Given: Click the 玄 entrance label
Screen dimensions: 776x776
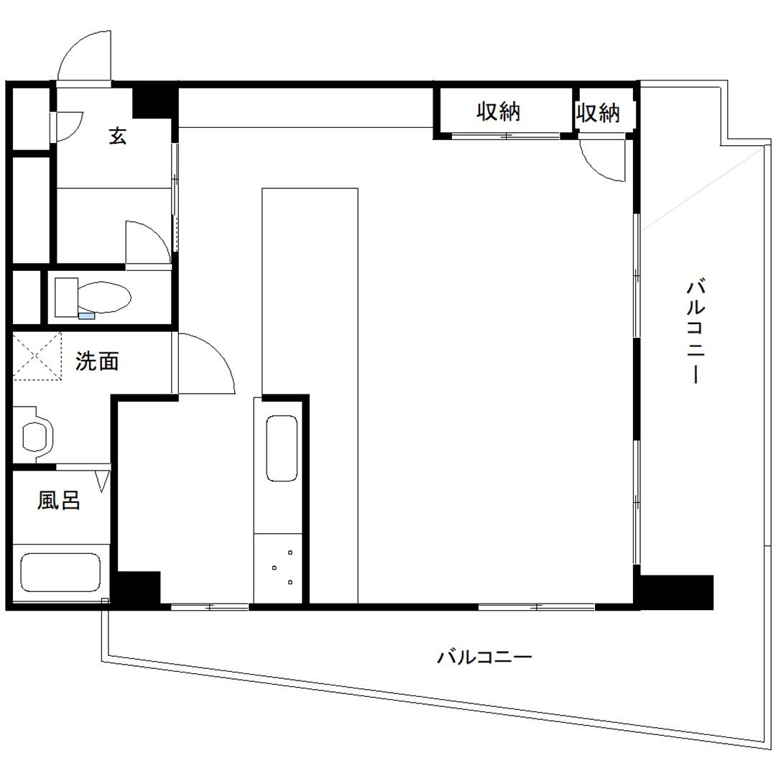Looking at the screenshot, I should pyautogui.click(x=118, y=136).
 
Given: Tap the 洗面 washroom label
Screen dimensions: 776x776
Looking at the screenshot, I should pyautogui.click(x=97, y=361).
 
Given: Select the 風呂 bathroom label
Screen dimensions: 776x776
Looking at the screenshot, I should pyautogui.click(x=59, y=500).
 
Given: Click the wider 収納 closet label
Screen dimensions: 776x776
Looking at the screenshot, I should pyautogui.click(x=498, y=111).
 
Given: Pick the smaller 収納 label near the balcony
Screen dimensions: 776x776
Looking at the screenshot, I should pyautogui.click(x=598, y=113).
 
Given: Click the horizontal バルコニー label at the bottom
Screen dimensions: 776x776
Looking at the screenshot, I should pyautogui.click(x=484, y=657).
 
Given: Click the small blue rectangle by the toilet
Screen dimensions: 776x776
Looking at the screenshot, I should pyautogui.click(x=86, y=315).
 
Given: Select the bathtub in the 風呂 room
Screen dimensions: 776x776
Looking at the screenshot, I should pyautogui.click(x=60, y=572).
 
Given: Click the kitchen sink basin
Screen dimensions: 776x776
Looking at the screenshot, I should pyautogui.click(x=282, y=448).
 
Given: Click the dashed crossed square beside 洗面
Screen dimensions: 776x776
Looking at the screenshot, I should pyautogui.click(x=37, y=356).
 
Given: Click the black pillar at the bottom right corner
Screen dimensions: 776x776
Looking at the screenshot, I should pyautogui.click(x=675, y=591).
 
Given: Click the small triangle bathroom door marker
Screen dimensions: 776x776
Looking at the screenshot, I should pyautogui.click(x=102, y=480).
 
